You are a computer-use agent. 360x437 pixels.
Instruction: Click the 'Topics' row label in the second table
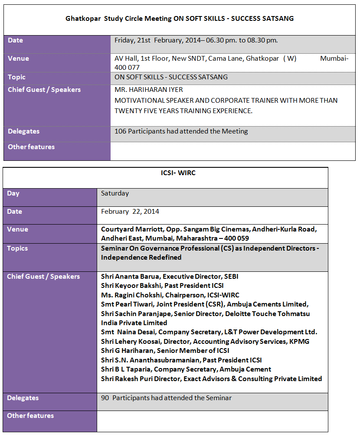17,248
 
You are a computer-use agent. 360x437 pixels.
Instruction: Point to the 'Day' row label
13,193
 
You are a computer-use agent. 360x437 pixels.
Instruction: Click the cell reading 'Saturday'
115,193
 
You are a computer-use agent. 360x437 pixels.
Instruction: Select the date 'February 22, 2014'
130,212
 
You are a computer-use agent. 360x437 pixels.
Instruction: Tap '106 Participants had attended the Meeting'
181,131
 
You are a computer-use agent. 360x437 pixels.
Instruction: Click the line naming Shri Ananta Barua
170,277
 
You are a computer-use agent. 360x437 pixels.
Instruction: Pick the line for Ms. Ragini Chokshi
170,295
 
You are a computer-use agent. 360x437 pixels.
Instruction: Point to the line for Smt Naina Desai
209,332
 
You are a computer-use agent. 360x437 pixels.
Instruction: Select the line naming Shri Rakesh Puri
211,379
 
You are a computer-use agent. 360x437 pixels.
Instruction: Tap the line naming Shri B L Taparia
186,369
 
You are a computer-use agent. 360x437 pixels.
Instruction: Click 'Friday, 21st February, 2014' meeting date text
152,40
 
